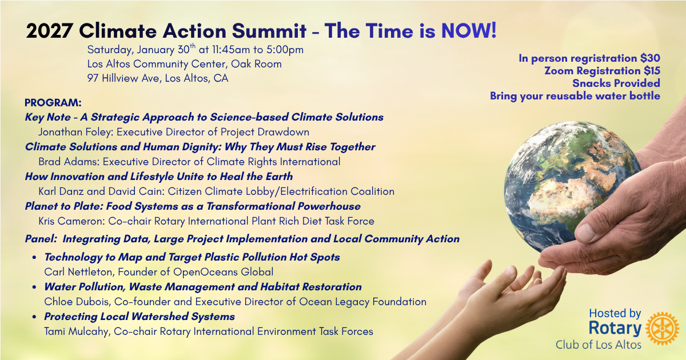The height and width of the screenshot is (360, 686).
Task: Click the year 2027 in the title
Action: (x=49, y=31)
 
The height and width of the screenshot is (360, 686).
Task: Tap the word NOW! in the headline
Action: (x=469, y=31)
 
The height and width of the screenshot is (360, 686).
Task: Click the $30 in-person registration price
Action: (x=650, y=58)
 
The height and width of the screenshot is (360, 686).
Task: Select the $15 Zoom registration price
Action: (x=652, y=71)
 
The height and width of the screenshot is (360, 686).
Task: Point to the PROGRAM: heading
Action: (x=53, y=102)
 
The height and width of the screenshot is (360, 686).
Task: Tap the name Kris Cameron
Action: (x=72, y=221)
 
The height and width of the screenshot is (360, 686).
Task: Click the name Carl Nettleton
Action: (x=79, y=272)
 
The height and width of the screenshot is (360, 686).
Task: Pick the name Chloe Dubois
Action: (x=78, y=302)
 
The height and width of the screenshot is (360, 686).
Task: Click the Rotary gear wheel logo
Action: (x=662, y=329)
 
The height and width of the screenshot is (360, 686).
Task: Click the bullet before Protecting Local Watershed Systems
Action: (x=35, y=317)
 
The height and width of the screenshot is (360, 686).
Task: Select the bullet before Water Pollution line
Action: (x=35, y=287)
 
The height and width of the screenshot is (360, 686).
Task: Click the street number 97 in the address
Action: (x=93, y=78)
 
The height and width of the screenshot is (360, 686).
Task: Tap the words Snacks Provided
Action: (x=616, y=83)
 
